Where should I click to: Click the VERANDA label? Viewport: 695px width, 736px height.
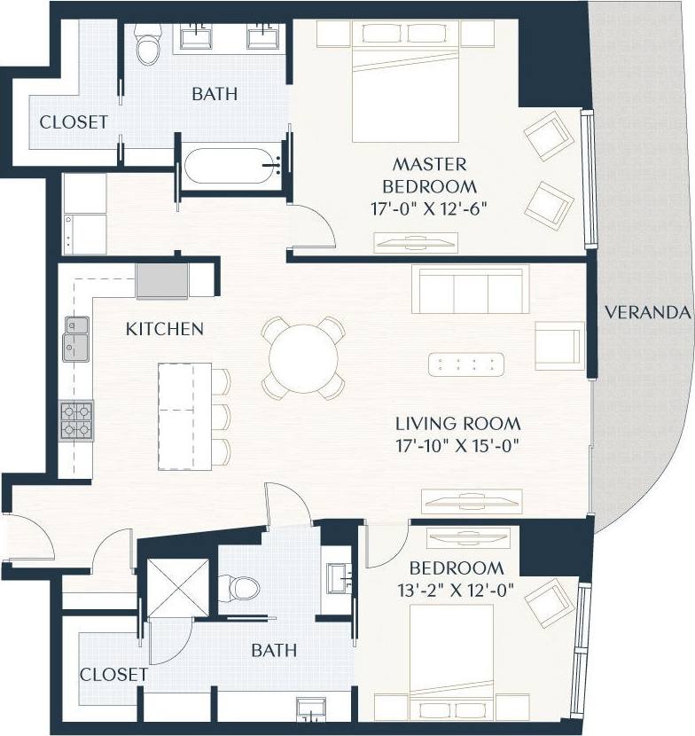pyautogui.click(x=646, y=312)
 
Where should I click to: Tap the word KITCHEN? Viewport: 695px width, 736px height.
pyautogui.click(x=165, y=329)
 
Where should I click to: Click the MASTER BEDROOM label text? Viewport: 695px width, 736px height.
pyautogui.click(x=429, y=176)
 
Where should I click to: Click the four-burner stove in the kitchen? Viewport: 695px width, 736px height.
pyautogui.click(x=76, y=420)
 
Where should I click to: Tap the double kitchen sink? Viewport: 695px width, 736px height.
pyautogui.click(x=75, y=338)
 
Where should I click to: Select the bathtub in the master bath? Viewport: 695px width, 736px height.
pyautogui.click(x=231, y=166)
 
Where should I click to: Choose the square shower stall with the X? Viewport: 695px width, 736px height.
pyautogui.click(x=177, y=586)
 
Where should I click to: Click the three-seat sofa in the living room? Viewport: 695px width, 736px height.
pyautogui.click(x=470, y=289)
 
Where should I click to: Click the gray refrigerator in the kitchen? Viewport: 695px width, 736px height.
pyautogui.click(x=161, y=280)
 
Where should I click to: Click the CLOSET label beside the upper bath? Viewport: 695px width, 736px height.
pyautogui.click(x=74, y=121)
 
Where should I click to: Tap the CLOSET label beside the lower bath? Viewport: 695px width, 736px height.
pyautogui.click(x=113, y=674)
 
